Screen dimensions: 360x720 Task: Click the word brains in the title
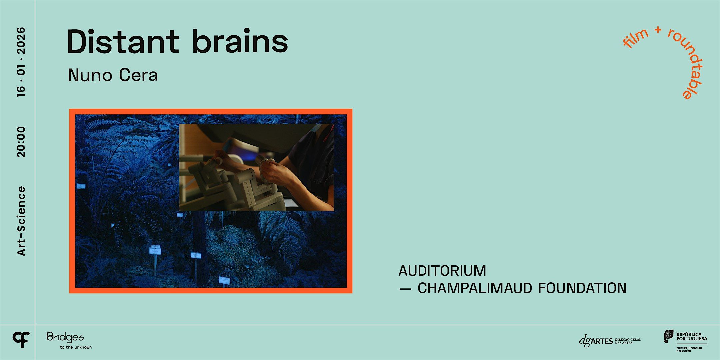tap(240, 42)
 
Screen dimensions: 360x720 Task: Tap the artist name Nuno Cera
tap(113, 75)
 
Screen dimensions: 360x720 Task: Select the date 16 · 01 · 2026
tap(21, 62)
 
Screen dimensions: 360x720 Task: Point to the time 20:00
tap(21, 142)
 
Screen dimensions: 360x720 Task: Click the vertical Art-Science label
tap(21, 221)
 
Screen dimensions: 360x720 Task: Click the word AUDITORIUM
tap(442, 271)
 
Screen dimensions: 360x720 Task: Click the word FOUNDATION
tap(582, 288)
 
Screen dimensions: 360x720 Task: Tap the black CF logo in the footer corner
tap(21, 340)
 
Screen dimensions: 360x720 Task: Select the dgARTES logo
tap(609, 341)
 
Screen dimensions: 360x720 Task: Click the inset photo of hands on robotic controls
tap(256, 167)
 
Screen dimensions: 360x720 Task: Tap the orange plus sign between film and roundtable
tap(658, 30)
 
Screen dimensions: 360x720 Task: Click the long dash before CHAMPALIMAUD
tap(405, 289)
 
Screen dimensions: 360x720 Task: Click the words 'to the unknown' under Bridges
tap(76, 347)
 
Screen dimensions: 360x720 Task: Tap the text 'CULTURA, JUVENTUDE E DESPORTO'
tap(689, 349)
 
